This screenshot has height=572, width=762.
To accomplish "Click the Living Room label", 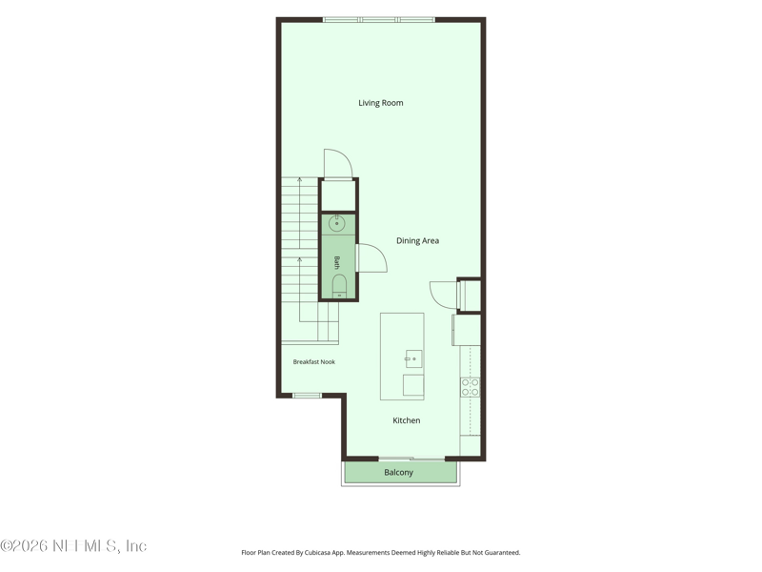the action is pos(380,103).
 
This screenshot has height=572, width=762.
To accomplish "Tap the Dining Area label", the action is pos(417,241).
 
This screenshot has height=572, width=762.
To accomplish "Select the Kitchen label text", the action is pos(407,420).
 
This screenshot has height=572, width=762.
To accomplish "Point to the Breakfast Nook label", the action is pos(314,362).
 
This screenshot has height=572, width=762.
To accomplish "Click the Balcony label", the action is pos(398,472).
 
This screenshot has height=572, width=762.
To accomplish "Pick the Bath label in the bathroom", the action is pos(336,263).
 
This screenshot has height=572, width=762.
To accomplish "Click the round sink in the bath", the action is pos(337,224).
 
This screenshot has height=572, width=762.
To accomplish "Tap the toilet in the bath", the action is pos(339,285).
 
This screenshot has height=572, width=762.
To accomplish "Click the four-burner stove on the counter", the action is pos(470,387).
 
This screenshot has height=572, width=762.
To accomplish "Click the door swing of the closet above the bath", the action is pos(338,164).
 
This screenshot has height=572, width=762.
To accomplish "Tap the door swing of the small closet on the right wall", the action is pos(444,295).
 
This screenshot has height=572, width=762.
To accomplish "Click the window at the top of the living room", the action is pos(379,20).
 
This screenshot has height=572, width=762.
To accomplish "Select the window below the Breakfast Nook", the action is pos(307,396).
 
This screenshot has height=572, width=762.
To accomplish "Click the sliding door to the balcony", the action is pos(411,459).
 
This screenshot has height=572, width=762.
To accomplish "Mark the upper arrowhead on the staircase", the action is pos(299,180).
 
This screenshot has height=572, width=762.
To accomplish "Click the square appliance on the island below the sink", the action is pos(413,385).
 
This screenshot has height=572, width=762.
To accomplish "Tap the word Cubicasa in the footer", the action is pos(315,553).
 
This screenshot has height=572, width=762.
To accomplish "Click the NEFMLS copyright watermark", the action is pos(73,545).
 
